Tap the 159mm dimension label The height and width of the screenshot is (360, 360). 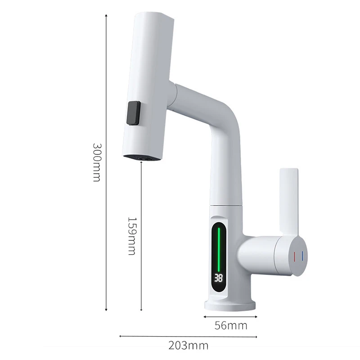click(x=131, y=236)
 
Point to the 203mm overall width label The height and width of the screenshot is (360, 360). click(x=188, y=346)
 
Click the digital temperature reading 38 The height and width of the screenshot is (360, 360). click(x=219, y=278)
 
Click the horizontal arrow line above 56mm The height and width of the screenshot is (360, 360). click(x=230, y=316)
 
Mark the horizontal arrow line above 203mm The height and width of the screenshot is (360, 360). click(x=188, y=336)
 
